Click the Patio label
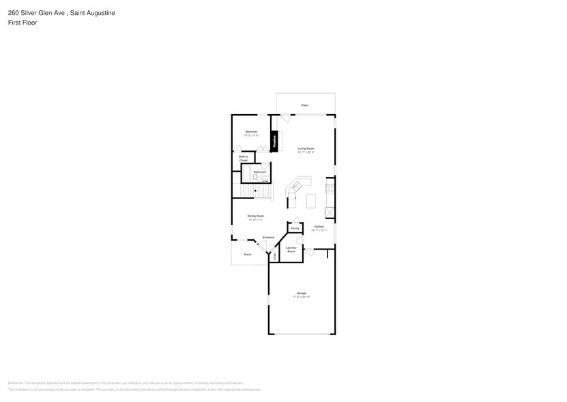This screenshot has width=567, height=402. [304, 105]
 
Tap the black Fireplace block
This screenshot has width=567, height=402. [274, 141]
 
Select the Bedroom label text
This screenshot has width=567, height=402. [251, 131]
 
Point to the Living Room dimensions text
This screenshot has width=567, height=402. [305, 152]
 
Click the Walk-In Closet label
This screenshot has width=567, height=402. [243, 158]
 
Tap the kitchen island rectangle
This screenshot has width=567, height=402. [310, 201]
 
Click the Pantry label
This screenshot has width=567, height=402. [295, 228]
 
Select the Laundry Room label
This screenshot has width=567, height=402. [291, 250]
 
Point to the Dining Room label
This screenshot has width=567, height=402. [255, 216]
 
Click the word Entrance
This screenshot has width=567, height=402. [268, 237]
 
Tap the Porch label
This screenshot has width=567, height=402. [247, 254]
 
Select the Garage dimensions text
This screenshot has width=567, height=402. [301, 297]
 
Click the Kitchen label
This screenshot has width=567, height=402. [319, 226]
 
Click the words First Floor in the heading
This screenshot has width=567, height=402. [23, 23]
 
